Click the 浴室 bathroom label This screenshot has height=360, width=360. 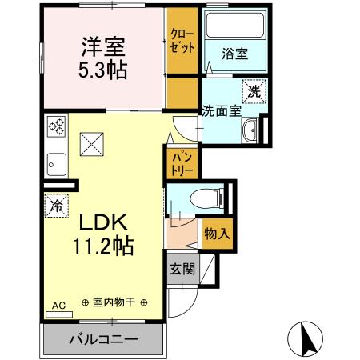click(x=234, y=54)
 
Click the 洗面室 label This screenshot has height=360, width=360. click(x=221, y=110)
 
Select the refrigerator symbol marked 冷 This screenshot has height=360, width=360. click(x=57, y=205)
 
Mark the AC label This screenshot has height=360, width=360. click(x=58, y=305)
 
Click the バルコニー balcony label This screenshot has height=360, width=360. click(x=102, y=339)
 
